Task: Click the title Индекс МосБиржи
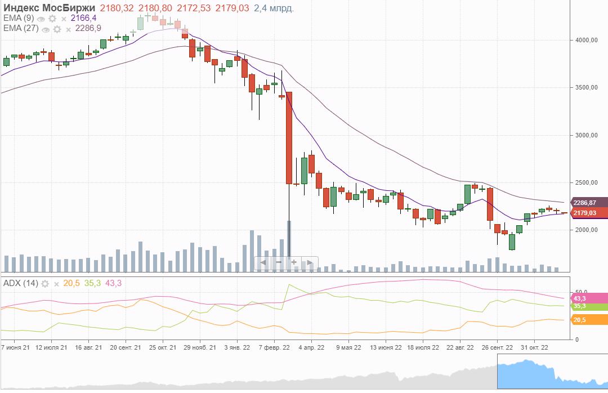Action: coord(49,8)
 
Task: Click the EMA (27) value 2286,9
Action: coord(88,28)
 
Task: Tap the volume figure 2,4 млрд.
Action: coord(274,8)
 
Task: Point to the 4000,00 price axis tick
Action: coord(585,41)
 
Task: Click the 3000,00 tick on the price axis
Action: coord(585,135)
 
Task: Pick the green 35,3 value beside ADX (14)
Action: coord(92,283)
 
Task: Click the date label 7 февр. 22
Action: coord(275,347)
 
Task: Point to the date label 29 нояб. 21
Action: coord(200,347)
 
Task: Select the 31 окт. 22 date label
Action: coord(533,347)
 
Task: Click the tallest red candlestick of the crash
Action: coord(289,138)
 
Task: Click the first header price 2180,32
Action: coord(117,8)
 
